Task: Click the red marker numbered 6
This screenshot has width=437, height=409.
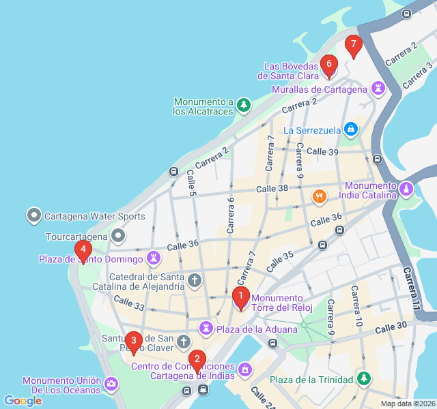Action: point(328,65)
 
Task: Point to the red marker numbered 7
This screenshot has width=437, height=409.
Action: point(353,46)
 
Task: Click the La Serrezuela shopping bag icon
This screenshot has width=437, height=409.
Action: point(350,129)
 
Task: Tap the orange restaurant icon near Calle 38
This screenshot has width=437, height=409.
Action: point(319,197)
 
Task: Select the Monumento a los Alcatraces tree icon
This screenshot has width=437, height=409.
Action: point(244,105)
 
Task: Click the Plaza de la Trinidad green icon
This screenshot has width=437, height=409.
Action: point(364,379)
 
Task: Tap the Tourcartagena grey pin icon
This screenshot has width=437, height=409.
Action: point(119,237)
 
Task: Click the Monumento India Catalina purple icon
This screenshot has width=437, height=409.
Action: point(406,187)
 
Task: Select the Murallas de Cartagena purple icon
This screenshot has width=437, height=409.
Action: point(377,89)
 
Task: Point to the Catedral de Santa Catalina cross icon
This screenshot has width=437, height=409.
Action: point(195,280)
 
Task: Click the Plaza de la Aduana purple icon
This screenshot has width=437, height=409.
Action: point(206,329)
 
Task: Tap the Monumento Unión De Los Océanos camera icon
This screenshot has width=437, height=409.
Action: point(111,385)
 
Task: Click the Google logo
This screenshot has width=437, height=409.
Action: point(23,401)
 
